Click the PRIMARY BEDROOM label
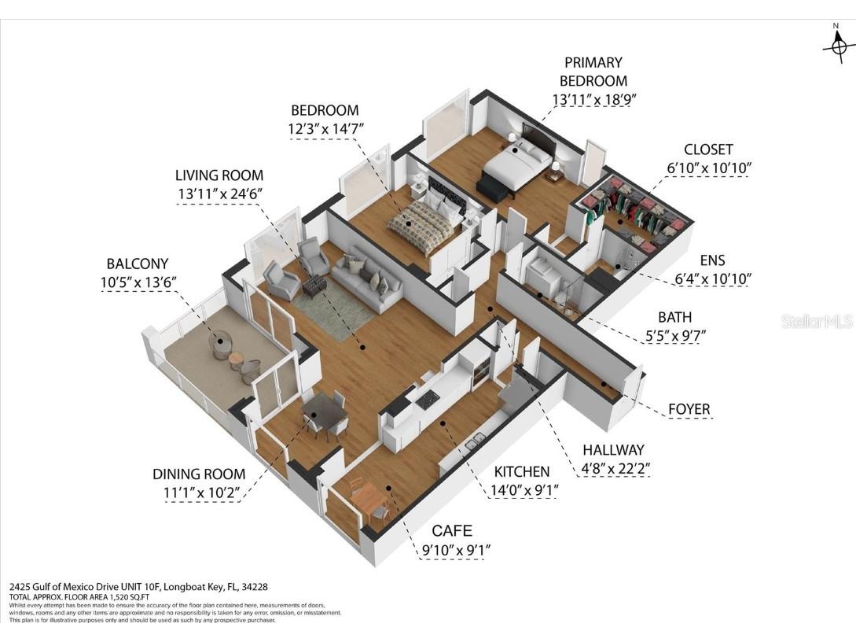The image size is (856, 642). pyautogui.click(x=593, y=71)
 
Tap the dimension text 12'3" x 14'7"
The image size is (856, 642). pyautogui.click(x=325, y=127)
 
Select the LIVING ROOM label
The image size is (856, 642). pyautogui.click(x=219, y=175)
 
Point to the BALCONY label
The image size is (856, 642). pyautogui.click(x=138, y=264)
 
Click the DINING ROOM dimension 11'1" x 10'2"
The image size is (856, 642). pyautogui.click(x=199, y=493)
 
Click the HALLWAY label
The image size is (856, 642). pyautogui.click(x=612, y=450)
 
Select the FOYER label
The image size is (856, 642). pyautogui.click(x=689, y=409)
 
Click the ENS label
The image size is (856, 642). pyautogui.click(x=712, y=260)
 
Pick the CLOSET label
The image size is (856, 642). pyautogui.click(x=707, y=149)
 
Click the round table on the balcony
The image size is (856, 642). pyautogui.click(x=221, y=345)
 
